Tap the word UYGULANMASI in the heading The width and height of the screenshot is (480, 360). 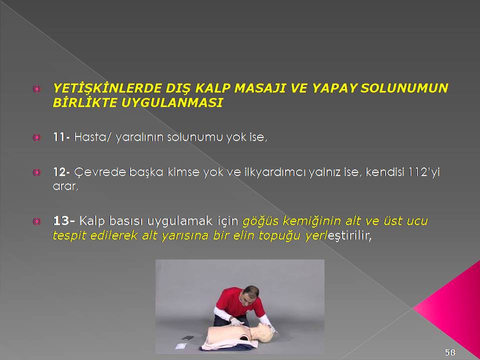point(171,103)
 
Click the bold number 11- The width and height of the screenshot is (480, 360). point(61,137)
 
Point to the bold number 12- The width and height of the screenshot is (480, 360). point(61,172)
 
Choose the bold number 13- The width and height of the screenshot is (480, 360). point(63,220)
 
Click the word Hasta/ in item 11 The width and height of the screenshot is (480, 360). point(91,137)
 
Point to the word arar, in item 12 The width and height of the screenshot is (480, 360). point(65,186)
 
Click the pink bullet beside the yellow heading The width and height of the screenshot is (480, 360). point(36,89)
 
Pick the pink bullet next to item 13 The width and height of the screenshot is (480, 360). point(36,221)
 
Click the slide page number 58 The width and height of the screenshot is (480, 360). point(450,352)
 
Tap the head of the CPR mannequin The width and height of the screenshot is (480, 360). point(264,332)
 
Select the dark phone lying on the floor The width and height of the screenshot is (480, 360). point(187,338)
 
